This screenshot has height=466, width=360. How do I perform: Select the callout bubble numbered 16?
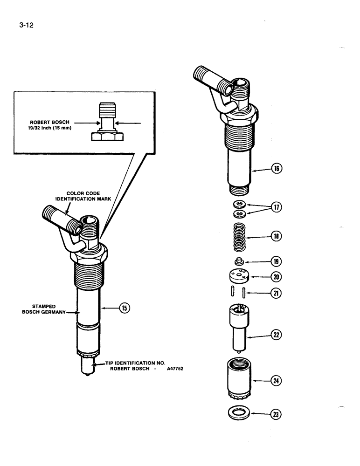(277, 169)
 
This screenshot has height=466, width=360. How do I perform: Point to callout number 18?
(277, 236)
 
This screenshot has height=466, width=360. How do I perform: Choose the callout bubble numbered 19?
(277, 262)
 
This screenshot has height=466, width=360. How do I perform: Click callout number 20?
(277, 277)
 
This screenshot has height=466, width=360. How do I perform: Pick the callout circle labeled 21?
(277, 293)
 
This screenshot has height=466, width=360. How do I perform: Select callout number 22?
(277, 334)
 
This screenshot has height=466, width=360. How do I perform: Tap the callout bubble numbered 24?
(277, 381)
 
